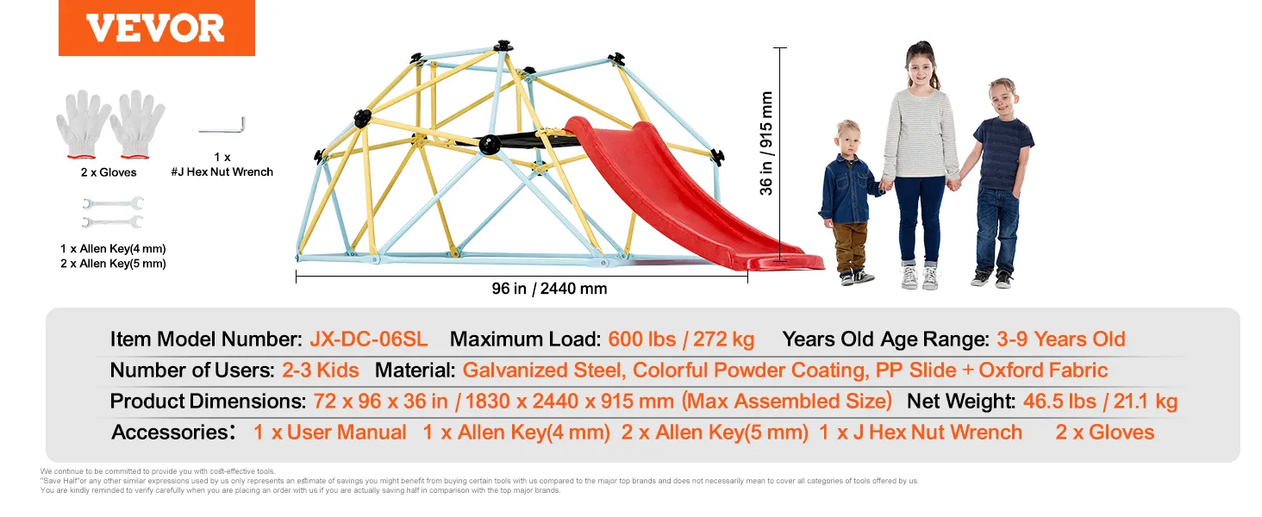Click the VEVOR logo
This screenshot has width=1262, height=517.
click(x=157, y=28)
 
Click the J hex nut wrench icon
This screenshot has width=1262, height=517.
click(x=222, y=125)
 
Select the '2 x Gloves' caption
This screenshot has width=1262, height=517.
click(x=109, y=172)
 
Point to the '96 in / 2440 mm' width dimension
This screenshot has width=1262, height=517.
click(x=549, y=289)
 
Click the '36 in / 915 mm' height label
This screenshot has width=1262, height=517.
click(x=766, y=143)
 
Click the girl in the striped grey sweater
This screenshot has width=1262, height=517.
click(x=921, y=164)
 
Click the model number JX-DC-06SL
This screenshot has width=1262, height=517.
click(x=368, y=339)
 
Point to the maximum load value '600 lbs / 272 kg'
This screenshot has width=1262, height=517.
click(x=681, y=339)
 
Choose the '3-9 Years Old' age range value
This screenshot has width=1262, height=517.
click(x=1061, y=339)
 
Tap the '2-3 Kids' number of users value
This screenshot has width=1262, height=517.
click(x=320, y=370)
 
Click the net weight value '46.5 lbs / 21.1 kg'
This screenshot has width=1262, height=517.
click(x=1100, y=401)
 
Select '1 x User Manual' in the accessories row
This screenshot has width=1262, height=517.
click(x=329, y=432)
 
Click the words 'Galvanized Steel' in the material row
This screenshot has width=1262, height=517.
click(x=544, y=370)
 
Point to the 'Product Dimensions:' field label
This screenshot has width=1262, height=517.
click(x=208, y=401)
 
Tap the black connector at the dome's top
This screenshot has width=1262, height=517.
click(x=503, y=46)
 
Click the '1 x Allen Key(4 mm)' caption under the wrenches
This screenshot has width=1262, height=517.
click(x=113, y=248)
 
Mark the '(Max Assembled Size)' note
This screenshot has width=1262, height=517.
click(x=786, y=401)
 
